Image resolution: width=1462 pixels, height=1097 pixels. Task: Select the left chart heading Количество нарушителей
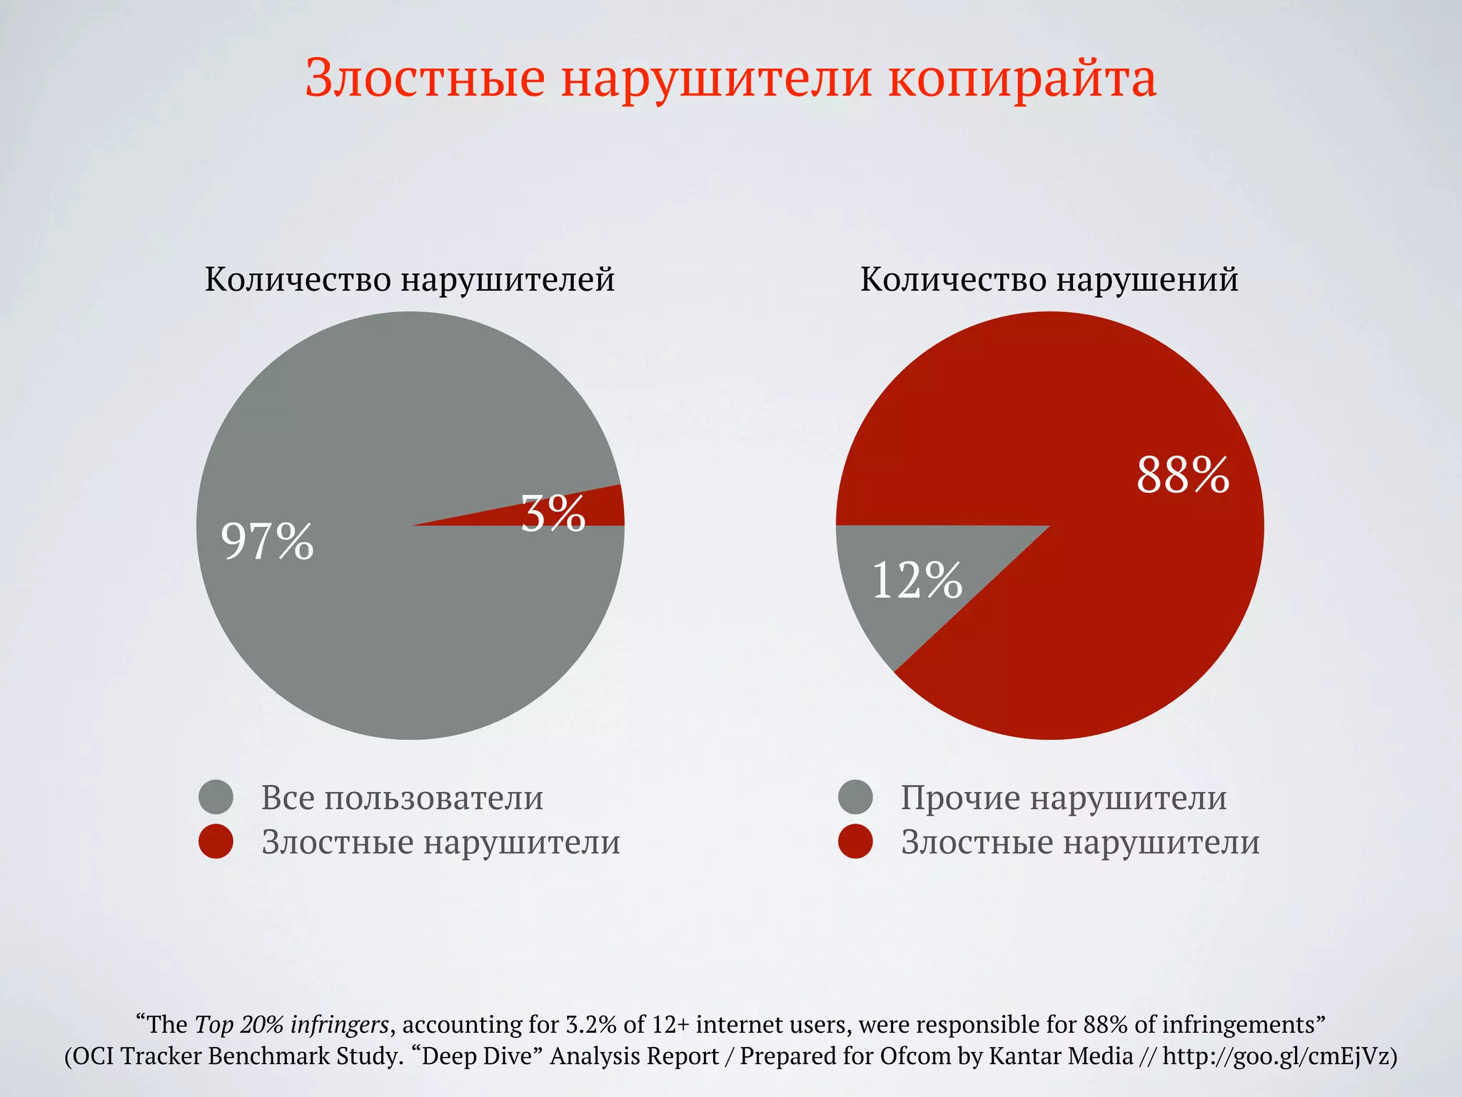[410, 279]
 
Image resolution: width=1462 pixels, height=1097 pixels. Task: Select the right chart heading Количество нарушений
[1049, 279]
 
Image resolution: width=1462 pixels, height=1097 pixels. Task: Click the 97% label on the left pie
[267, 541]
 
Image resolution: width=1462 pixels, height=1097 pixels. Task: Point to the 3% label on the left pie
[553, 514]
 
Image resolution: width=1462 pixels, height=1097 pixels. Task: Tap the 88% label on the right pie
[1183, 475]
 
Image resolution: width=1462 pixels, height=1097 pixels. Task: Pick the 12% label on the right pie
[917, 580]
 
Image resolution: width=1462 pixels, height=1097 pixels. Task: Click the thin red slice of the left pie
[600, 509]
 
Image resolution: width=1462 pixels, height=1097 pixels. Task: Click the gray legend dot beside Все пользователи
[216, 797]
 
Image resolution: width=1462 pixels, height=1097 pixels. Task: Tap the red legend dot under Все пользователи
[216, 841]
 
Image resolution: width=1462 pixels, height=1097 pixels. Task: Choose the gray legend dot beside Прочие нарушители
[855, 797]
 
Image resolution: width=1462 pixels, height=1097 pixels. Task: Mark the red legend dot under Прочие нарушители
[855, 841]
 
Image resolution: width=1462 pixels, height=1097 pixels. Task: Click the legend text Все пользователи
[402, 798]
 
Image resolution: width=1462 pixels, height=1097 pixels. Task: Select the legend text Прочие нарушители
[1064, 798]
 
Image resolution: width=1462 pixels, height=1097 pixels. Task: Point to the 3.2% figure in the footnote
[591, 1025]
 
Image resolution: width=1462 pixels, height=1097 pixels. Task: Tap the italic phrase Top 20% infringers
[292, 1025]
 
